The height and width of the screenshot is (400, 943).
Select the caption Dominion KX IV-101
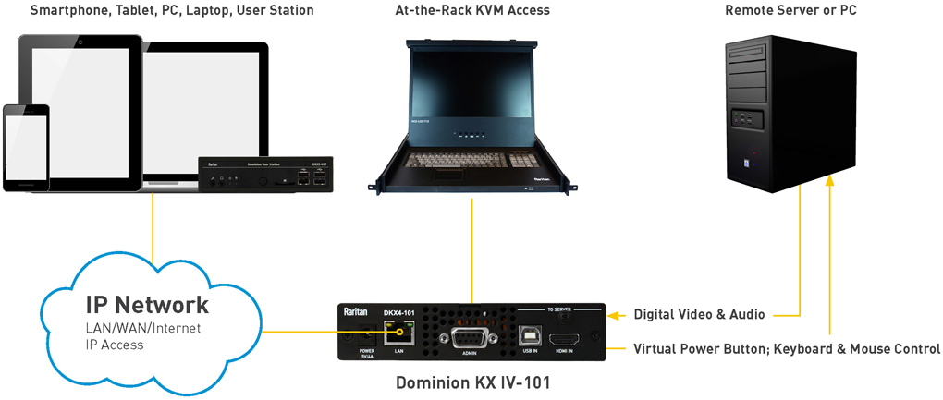coord(472,382)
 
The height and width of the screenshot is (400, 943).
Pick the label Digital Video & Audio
coord(699,315)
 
